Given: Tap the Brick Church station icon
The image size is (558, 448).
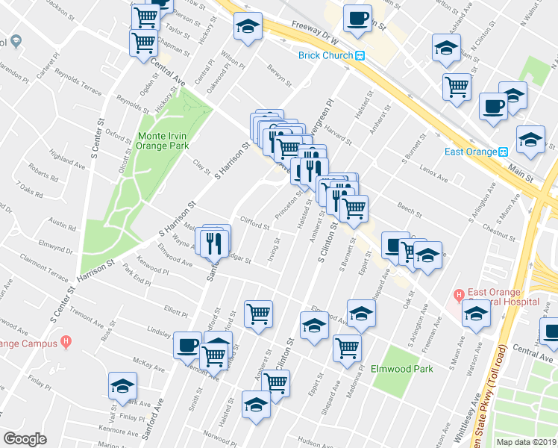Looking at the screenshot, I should click(360, 55).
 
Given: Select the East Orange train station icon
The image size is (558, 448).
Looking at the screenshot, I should click(504, 152).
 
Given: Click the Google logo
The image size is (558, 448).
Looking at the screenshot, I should click(25, 439).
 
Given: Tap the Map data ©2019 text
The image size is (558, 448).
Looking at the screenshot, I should click(527, 442).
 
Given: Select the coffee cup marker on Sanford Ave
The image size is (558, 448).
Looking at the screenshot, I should click(187, 344).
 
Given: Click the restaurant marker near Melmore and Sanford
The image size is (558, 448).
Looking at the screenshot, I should click(213, 240).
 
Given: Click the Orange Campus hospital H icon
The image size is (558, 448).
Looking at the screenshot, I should click(66, 343).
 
